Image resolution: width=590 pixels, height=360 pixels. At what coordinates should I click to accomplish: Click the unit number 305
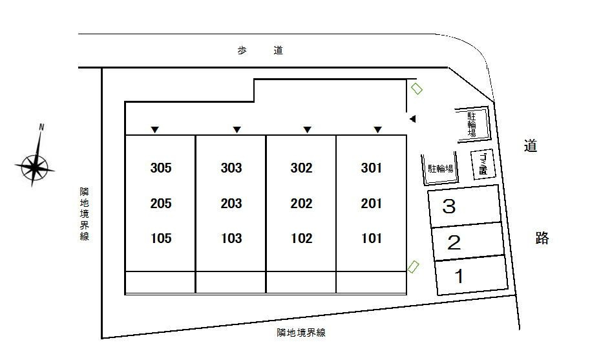161,168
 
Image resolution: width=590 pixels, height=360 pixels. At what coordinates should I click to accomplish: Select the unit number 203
231,204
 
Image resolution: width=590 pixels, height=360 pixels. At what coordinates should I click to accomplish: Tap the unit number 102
301,238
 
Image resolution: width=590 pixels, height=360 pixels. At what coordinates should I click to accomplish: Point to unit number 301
372,168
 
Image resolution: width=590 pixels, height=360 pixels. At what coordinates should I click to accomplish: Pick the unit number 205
161,204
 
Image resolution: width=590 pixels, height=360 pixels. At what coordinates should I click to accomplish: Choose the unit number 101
372,238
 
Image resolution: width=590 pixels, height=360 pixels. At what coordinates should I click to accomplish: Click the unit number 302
301,168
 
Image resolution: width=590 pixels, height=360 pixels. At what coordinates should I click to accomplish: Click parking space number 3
449,207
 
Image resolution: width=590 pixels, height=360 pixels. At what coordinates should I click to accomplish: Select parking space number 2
454,242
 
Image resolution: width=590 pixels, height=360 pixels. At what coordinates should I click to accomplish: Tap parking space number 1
459,276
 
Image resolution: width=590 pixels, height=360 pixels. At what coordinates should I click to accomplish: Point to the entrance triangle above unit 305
154,130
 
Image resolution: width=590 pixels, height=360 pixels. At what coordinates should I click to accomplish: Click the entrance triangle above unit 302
308,130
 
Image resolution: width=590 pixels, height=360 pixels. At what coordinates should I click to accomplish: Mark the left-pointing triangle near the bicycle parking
412,119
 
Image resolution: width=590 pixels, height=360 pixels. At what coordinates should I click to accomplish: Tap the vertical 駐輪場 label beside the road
472,124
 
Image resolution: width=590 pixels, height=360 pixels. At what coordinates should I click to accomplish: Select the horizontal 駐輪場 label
441,169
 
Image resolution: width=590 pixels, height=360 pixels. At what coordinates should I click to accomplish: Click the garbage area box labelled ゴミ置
483,164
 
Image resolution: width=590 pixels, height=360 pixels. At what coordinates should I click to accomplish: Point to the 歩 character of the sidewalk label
242,50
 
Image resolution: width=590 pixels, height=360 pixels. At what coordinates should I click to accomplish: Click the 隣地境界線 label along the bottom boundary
301,333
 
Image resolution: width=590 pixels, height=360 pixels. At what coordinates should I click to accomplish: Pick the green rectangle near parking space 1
413,267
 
